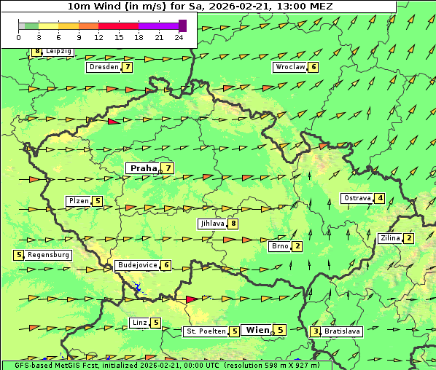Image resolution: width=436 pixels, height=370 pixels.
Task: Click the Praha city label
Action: coord(143,168)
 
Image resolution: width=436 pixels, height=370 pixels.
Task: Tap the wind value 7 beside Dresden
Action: coord(128,67)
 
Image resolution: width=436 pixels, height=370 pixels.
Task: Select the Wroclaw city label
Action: coord(289,67)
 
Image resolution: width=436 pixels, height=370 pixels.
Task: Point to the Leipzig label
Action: coord(58,52)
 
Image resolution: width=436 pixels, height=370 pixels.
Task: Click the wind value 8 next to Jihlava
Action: coord(233,224)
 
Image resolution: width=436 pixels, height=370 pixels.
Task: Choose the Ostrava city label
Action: coord(357,198)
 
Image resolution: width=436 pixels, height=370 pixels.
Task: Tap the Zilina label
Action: coord(390,238)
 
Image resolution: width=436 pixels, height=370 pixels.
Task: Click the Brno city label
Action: coord(280,246)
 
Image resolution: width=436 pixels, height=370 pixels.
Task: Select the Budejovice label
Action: coord(137,265)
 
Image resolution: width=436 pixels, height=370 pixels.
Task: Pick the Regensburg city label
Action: coord(48,255)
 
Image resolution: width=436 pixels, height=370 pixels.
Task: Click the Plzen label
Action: coord(79,201)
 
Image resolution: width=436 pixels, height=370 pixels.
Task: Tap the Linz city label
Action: coord(139,323)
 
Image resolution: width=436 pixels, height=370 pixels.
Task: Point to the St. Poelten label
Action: coord(205,331)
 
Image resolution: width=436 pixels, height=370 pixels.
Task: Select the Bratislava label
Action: coord(342,331)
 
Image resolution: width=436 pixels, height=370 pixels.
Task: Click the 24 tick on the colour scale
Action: coord(179,37)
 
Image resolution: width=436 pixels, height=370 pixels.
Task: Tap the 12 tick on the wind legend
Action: coord(98,37)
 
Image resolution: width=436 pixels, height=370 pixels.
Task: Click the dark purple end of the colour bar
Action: coord(182,25)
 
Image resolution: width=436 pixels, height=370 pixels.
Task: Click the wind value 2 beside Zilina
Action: coord(409,238)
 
